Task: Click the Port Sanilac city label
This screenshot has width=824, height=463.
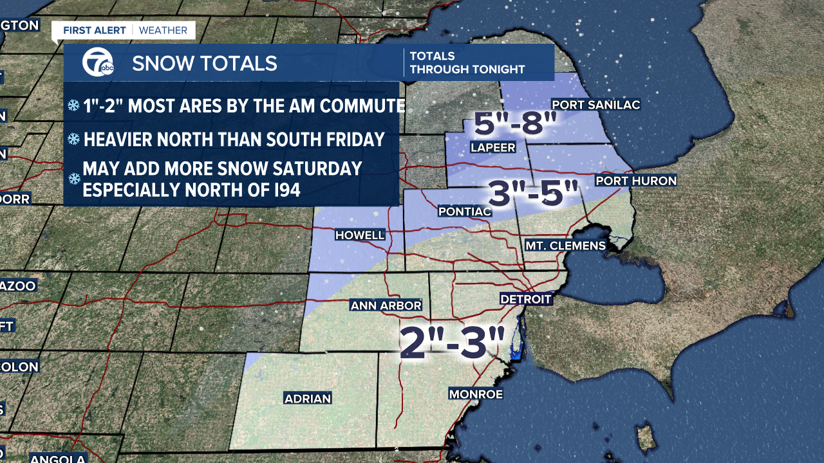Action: click(x=596, y=105)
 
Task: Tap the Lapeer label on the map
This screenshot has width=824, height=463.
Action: click(x=493, y=147)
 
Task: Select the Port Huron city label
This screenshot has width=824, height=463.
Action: click(x=636, y=181)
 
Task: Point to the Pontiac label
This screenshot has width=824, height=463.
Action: click(x=464, y=211)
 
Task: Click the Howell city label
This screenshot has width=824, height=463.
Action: click(x=360, y=235)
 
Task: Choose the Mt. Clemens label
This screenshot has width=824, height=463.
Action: click(x=565, y=245)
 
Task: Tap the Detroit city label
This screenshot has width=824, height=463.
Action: click(x=526, y=299)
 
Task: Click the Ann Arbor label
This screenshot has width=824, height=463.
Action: click(x=386, y=305)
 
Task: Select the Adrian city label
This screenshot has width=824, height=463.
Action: click(x=308, y=399)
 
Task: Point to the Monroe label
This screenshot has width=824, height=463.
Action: click(x=476, y=394)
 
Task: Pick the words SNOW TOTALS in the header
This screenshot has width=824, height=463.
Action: click(x=205, y=63)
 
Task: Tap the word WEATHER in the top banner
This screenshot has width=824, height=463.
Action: click(x=163, y=30)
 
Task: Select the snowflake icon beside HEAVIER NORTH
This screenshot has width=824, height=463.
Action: click(x=74, y=139)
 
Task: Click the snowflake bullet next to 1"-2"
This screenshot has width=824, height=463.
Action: click(x=74, y=105)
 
